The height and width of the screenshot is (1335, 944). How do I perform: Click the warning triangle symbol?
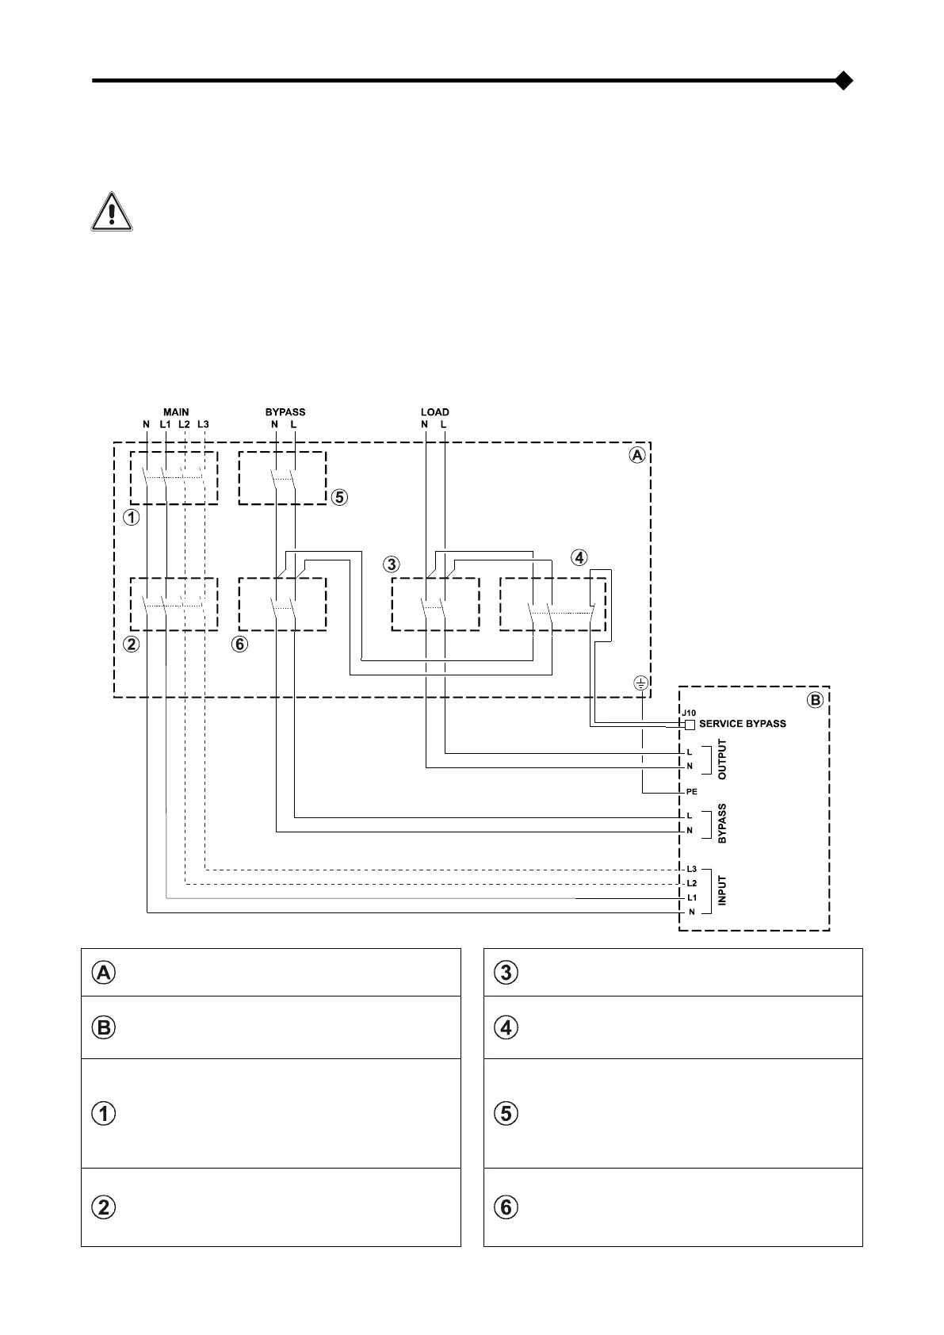[112, 212]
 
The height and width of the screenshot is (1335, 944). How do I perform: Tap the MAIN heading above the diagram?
[176, 412]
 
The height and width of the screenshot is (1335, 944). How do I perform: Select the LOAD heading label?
[434, 412]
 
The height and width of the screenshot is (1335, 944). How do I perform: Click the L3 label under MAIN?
[204, 425]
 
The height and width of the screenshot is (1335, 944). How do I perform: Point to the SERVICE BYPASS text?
[743, 724]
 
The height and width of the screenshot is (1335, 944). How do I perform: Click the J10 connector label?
[689, 713]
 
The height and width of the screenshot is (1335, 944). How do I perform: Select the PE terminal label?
[692, 792]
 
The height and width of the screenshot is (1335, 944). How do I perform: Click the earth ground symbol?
[641, 683]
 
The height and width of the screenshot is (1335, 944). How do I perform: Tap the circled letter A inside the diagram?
[636, 456]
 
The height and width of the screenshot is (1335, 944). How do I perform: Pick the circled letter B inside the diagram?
[815, 700]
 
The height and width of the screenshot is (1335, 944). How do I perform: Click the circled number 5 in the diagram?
[338, 498]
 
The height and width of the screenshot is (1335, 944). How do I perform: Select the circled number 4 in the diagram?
[579, 558]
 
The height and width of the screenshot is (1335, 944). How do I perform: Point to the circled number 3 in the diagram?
[391, 564]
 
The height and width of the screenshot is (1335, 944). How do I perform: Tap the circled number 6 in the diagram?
[239, 645]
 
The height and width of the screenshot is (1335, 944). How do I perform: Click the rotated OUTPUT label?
[722, 759]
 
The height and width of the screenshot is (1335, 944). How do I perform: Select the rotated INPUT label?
[722, 890]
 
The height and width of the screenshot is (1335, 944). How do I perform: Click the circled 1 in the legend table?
[104, 1114]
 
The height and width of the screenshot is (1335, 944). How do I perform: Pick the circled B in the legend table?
[104, 1028]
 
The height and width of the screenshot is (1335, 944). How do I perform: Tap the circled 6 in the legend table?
[506, 1207]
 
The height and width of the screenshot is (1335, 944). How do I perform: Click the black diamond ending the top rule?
[844, 81]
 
